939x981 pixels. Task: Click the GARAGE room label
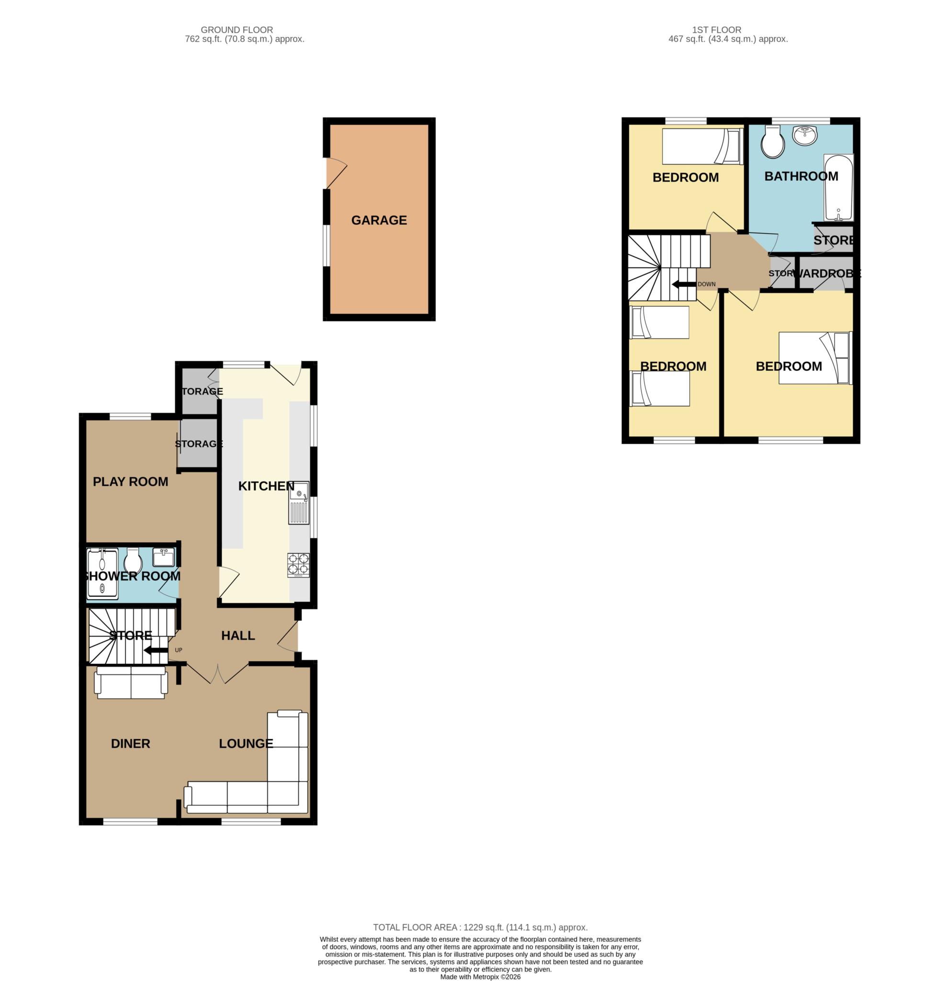379,220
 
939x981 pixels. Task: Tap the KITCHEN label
266,486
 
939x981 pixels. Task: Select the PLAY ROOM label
131,481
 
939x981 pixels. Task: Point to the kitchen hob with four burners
298,565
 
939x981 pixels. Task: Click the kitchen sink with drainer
299,502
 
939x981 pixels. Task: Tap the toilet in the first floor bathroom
773,142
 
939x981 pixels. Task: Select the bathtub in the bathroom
838,187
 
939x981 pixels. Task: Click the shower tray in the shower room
103,573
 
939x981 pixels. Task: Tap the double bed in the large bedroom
815,358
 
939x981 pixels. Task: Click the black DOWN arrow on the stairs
684,285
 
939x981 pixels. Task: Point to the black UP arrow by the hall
156,650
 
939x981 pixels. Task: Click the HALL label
238,636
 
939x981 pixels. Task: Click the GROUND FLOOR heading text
237,30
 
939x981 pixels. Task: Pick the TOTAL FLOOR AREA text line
480,927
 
